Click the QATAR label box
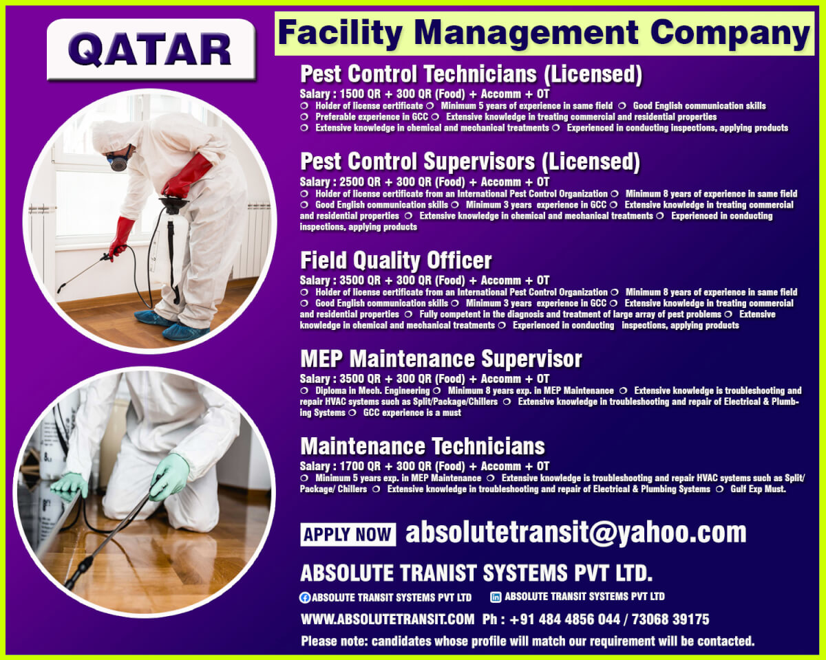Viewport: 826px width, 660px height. coord(151,49)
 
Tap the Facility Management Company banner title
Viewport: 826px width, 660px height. coord(544,34)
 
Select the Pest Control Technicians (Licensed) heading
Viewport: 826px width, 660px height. coord(472,74)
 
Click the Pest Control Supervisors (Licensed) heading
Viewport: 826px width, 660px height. coord(470,162)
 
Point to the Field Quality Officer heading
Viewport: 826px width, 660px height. coord(396,261)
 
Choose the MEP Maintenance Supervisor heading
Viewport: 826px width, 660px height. coord(441,359)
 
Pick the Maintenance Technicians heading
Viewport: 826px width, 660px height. coord(423,446)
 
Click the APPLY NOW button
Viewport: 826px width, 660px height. coord(348,534)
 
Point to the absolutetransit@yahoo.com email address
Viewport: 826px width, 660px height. coord(575,533)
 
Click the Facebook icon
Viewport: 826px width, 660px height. coord(305,597)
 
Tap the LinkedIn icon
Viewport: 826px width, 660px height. coord(496,597)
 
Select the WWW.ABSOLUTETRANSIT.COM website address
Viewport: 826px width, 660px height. coord(388,619)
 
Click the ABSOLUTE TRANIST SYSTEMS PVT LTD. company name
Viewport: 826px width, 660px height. coord(476,573)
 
